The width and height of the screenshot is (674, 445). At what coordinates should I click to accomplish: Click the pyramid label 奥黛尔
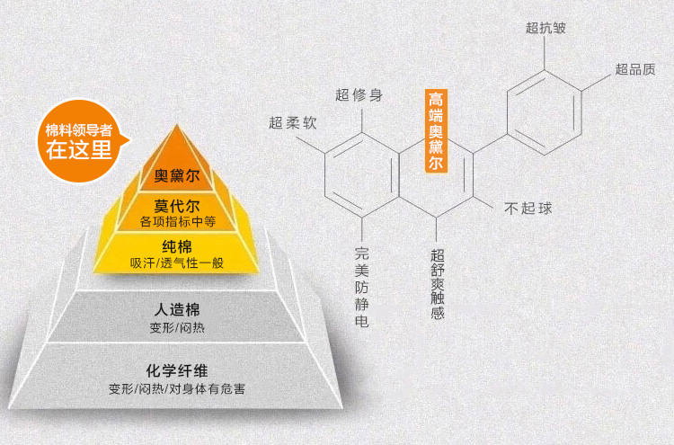pos(176,174)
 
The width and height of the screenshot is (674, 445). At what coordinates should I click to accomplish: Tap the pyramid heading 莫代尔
pos(176,204)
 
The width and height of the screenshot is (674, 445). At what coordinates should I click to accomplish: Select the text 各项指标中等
pos(176,221)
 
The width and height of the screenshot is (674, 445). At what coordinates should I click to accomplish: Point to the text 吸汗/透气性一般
pos(176,263)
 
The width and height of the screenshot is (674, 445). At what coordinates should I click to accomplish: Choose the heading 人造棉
pos(176,310)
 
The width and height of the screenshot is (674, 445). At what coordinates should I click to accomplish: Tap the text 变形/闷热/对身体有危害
pos(176,388)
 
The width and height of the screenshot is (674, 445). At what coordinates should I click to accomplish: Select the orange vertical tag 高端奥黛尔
pos(436,131)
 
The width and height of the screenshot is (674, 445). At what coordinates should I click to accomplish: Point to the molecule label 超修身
pos(359,94)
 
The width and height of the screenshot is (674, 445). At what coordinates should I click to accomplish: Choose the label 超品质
pos(634,69)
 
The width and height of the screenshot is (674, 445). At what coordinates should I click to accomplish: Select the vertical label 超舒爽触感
pos(437,284)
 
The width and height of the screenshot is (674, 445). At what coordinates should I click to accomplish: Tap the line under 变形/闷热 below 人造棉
pos(176,327)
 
